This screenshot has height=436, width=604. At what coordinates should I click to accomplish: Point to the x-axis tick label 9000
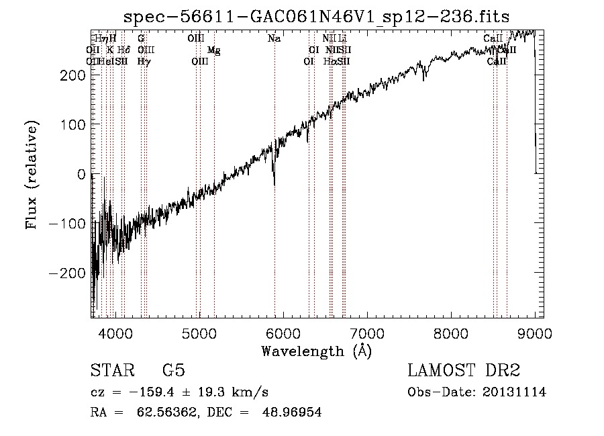pos(535,333)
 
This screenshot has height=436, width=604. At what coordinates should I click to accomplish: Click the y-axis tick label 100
pos(74,125)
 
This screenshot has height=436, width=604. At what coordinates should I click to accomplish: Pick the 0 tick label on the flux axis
pos(81,175)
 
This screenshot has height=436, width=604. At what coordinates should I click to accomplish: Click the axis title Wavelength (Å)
pos(316,351)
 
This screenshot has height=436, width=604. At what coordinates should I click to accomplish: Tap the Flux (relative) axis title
pos(32,175)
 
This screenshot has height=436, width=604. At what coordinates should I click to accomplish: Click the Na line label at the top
pos(274,39)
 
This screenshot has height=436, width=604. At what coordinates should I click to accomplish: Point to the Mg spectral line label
pos(213,50)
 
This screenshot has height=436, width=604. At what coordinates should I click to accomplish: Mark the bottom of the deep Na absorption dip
pos(274,184)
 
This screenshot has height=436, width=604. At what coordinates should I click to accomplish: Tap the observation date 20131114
pos(517,392)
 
